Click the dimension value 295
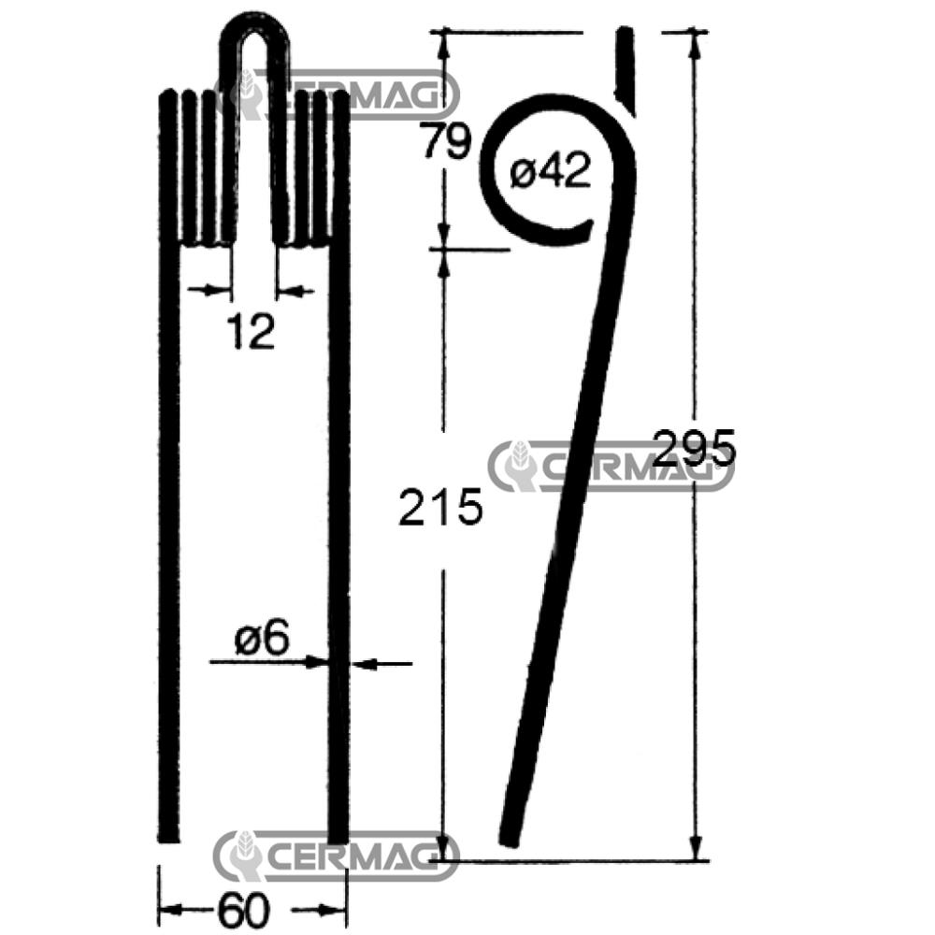[x=695, y=450]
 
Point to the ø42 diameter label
[x=552, y=172]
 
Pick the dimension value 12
[x=251, y=332]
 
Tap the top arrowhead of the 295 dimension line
[x=695, y=40]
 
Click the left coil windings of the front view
[x=198, y=168]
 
